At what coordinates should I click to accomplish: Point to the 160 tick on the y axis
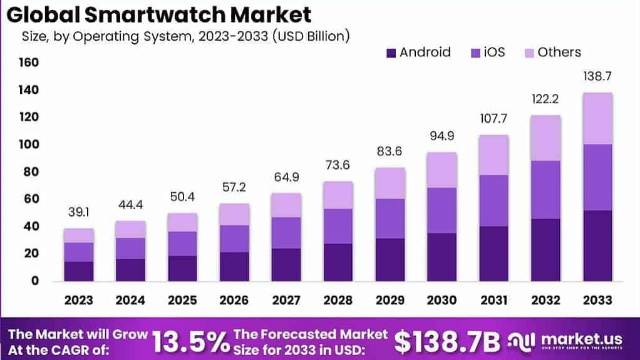click(29, 63)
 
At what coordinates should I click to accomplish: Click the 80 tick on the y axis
click(31, 172)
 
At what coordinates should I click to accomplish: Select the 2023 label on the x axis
click(79, 300)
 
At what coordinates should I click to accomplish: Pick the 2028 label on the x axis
click(338, 300)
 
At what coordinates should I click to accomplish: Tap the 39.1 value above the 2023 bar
click(79, 213)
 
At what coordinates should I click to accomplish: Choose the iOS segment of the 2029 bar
click(390, 219)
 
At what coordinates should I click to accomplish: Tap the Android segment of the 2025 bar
click(182, 268)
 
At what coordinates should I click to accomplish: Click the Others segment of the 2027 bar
click(286, 205)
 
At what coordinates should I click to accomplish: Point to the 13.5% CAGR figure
click(190, 342)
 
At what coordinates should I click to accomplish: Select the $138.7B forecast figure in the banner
click(447, 342)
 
